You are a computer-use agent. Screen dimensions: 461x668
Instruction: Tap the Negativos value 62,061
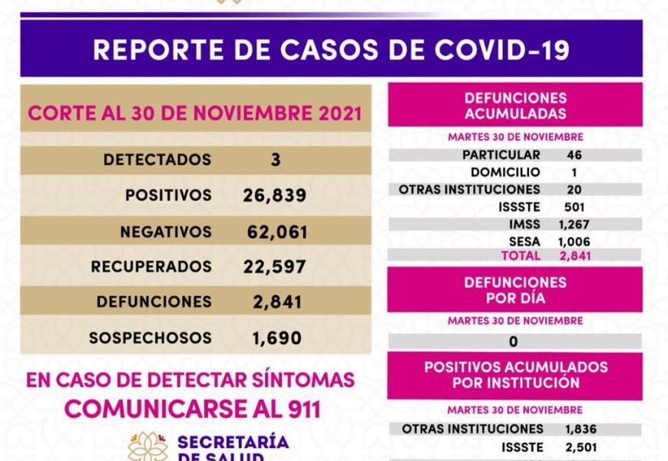[277, 231]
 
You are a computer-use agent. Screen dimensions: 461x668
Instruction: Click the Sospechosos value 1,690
[276, 337]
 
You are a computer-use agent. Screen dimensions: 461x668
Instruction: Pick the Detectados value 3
[275, 160]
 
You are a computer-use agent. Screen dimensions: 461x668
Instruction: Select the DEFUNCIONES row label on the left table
[153, 302]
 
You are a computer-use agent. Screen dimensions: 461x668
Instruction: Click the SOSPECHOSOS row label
[150, 337]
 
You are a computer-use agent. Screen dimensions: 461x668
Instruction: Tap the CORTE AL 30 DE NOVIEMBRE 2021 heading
[194, 113]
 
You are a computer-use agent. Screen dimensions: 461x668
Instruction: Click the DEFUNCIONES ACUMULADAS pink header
[514, 106]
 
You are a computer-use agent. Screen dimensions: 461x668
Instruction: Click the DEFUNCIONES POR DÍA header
[514, 290]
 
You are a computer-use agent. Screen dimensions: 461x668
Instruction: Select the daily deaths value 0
[513, 341]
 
